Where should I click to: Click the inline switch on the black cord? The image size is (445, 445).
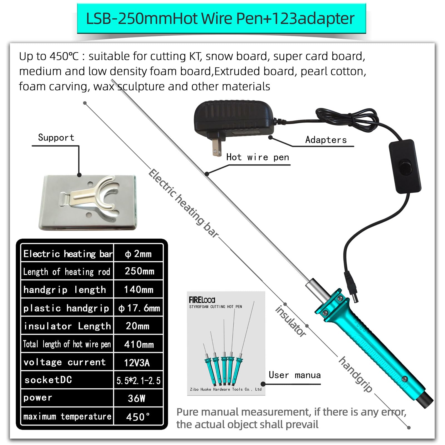click(405, 167)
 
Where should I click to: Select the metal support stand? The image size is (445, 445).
click(88, 202)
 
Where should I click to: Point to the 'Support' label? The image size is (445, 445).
click(56, 137)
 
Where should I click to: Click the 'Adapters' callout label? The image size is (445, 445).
click(326, 140)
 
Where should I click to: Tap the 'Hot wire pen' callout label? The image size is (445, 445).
click(258, 157)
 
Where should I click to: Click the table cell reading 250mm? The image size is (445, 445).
click(139, 271)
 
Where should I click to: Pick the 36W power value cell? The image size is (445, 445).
click(137, 398)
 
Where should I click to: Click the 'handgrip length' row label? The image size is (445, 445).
click(65, 290)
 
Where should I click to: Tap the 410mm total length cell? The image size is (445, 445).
click(139, 344)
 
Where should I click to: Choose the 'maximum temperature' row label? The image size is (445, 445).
click(67, 416)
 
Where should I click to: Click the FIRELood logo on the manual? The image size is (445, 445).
click(202, 300)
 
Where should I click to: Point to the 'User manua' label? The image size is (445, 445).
click(294, 375)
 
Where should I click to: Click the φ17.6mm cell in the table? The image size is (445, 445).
click(139, 308)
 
